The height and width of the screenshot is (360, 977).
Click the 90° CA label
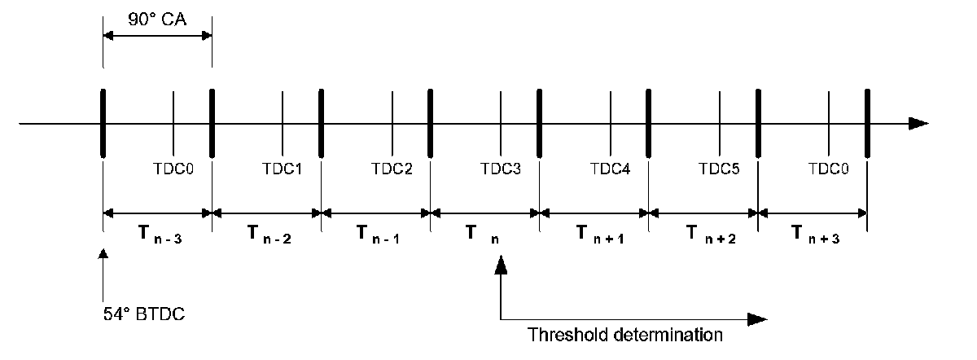pos(157,18)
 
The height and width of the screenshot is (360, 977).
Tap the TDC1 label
pos(283,171)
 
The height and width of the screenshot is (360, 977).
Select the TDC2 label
pos(392,171)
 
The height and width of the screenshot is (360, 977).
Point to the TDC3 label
pos(501,171)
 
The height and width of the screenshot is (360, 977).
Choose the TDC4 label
pos(610,171)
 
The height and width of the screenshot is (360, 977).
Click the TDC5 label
pos(720,171)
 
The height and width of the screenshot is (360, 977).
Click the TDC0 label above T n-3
pos(173,171)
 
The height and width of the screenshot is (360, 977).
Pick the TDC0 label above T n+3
pos(829,171)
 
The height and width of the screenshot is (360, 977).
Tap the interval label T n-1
pos(379,235)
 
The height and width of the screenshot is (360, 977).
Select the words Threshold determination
pos(624,334)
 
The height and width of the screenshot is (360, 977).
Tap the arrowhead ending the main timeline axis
pos(918,124)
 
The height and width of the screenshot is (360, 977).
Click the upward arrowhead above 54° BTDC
pos(103,255)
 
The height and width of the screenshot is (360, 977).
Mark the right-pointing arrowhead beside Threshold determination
pos(757,318)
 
